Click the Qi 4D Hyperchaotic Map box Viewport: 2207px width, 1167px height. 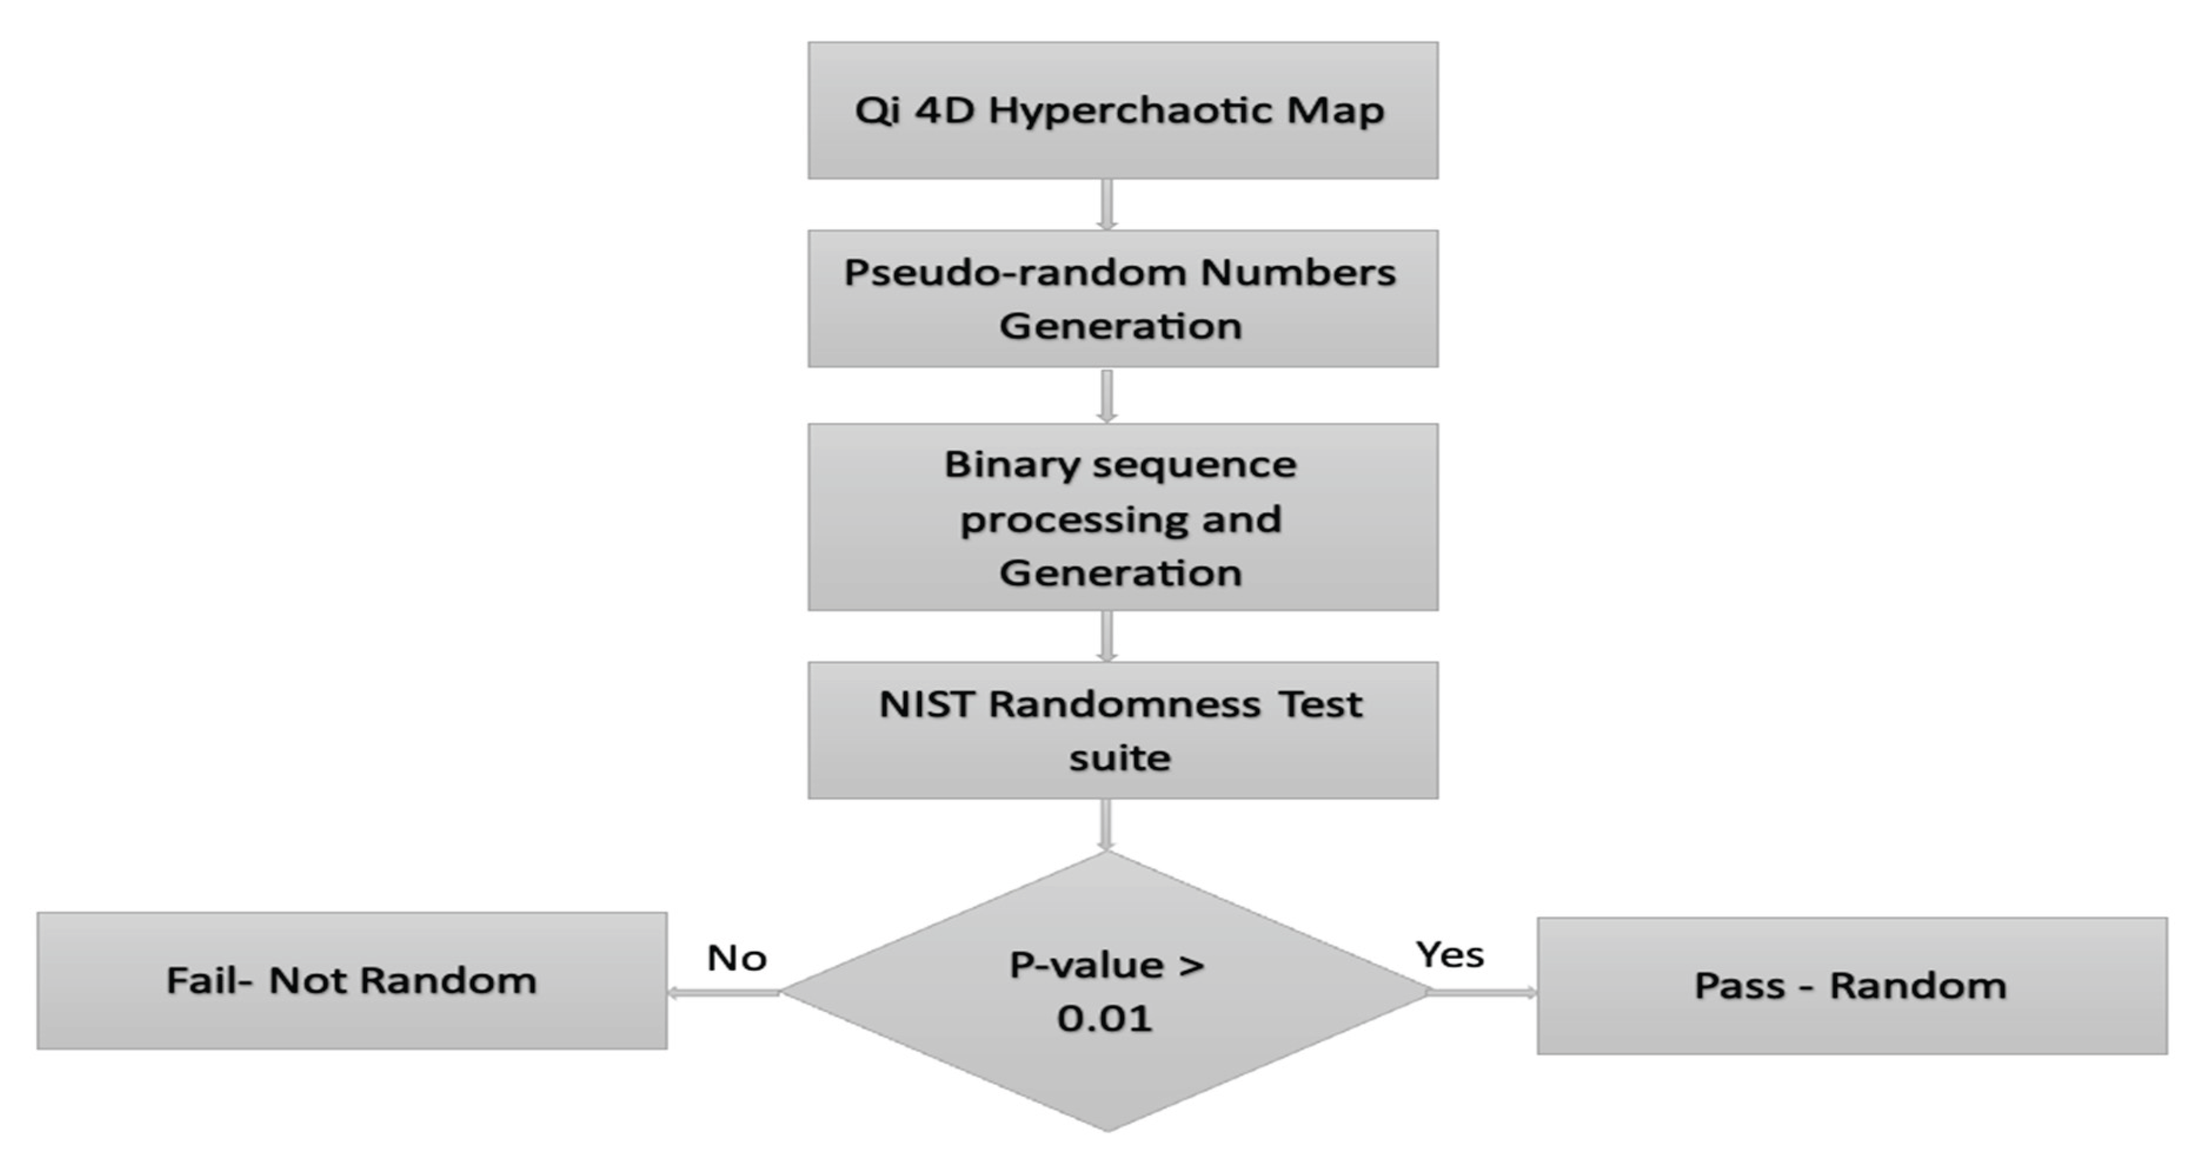pyautogui.click(x=1122, y=111)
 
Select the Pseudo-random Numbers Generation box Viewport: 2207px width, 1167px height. pyautogui.click(x=1122, y=298)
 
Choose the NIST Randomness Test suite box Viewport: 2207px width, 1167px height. pyautogui.click(x=1122, y=730)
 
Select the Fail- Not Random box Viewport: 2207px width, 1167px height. pyautogui.click(x=352, y=980)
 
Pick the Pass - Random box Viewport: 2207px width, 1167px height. pyautogui.click(x=1852, y=986)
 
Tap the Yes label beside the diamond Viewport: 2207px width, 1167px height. pyautogui.click(x=1449, y=954)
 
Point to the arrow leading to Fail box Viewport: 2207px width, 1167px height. pyautogui.click(x=724, y=993)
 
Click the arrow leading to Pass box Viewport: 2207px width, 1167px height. pyautogui.click(x=1482, y=993)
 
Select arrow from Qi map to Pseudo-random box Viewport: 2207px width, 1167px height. pyautogui.click(x=1107, y=205)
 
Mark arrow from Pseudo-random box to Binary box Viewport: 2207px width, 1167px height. pyautogui.click(x=1107, y=396)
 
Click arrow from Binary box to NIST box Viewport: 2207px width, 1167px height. pyautogui.click(x=1107, y=636)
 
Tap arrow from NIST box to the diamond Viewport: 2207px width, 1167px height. pyautogui.click(x=1107, y=825)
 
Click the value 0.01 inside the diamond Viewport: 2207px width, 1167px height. pyautogui.click(x=1104, y=1019)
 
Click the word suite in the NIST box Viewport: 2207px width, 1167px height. pyautogui.click(x=1120, y=758)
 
